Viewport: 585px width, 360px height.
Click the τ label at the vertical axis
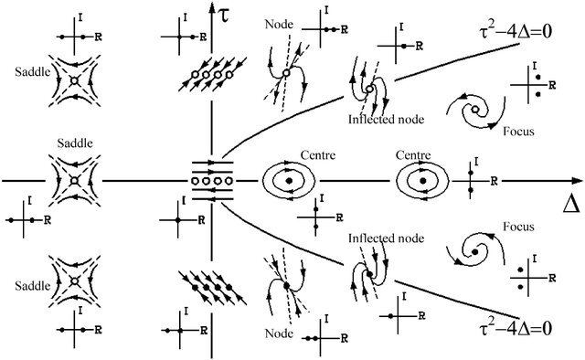224,16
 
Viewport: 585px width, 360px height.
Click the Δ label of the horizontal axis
571,205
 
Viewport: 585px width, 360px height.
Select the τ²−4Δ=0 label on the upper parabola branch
516,32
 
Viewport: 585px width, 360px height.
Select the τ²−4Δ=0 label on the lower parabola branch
516,329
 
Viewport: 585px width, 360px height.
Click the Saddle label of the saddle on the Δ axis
75,143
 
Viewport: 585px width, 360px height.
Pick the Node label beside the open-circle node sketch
279,25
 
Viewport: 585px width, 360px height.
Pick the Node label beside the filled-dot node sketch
279,333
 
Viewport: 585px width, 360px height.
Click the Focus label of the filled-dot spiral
518,227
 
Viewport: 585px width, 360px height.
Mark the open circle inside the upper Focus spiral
475,110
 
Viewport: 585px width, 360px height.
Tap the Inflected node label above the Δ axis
386,119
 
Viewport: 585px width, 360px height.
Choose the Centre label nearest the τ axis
318,154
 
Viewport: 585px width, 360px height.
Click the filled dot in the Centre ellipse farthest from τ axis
422,181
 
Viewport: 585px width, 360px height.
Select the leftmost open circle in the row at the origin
195,181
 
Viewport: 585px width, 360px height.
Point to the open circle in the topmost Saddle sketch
74,80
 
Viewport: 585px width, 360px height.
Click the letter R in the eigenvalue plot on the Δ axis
494,181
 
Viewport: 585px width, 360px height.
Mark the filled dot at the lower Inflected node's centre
369,274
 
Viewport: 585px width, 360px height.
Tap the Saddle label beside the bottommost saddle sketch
33,286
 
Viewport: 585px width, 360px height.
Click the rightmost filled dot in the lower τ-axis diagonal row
229,287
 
